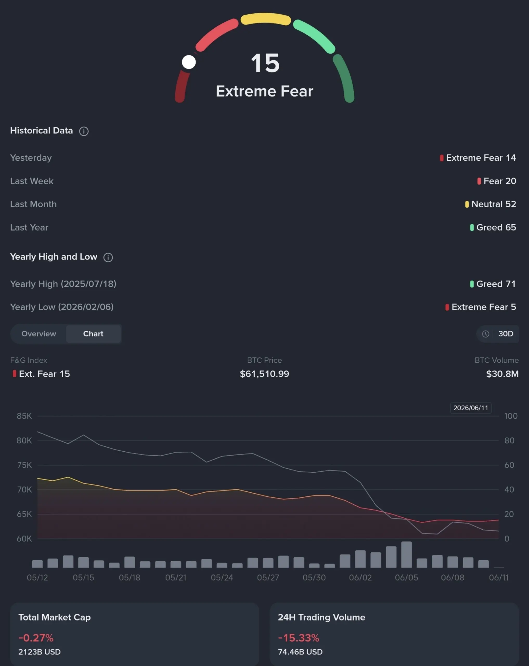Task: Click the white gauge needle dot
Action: (189, 62)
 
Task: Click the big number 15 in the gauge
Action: (265, 63)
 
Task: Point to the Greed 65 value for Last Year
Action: (493, 227)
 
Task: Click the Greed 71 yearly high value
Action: (493, 284)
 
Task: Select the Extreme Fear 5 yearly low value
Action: (481, 307)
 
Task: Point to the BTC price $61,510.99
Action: (264, 374)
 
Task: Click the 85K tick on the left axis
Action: (24, 416)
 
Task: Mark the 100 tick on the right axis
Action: (511, 416)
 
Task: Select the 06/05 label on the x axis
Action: (407, 577)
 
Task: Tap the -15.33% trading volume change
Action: (299, 638)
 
